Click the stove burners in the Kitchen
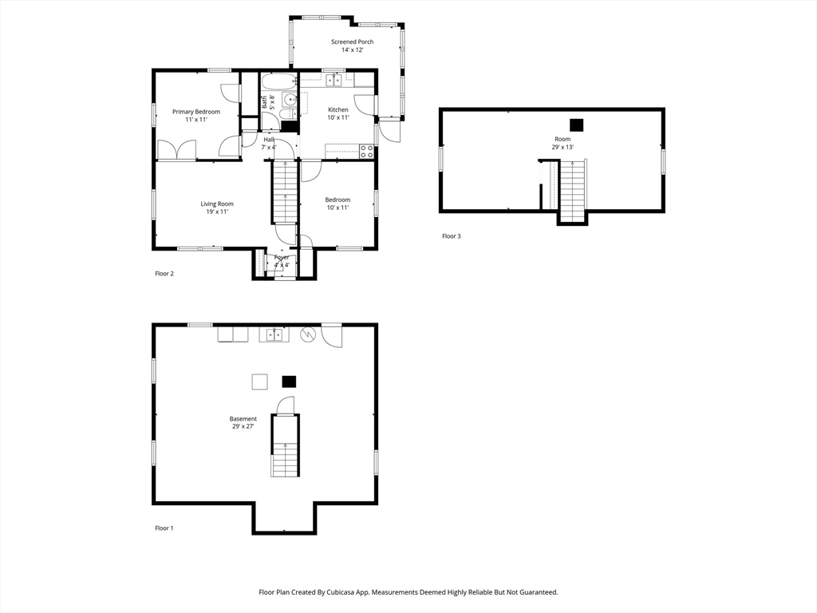pos(367,149)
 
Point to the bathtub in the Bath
pos(278,82)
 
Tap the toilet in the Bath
pos(269,121)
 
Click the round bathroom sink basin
pos(290,100)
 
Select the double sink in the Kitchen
pos(334,80)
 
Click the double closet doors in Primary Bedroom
pos(177,150)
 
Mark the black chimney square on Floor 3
pos(576,125)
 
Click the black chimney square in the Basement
pos(289,382)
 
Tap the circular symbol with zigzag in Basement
pos(308,335)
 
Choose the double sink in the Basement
pos(273,334)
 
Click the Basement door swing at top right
pos(332,336)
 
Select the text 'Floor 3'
pos(452,236)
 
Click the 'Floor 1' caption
pos(164,528)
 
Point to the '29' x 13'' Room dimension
pos(562,147)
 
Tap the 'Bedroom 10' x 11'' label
pos(337,204)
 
